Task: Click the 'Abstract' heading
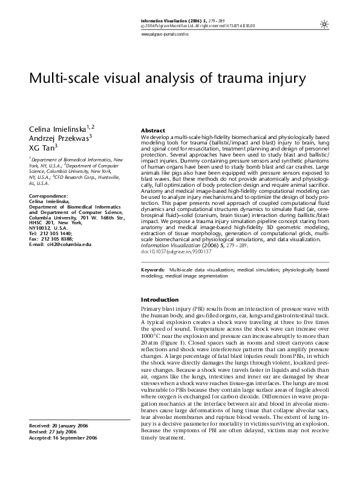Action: (152, 131)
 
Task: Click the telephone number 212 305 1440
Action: (59, 233)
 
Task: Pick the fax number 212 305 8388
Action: (59, 238)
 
